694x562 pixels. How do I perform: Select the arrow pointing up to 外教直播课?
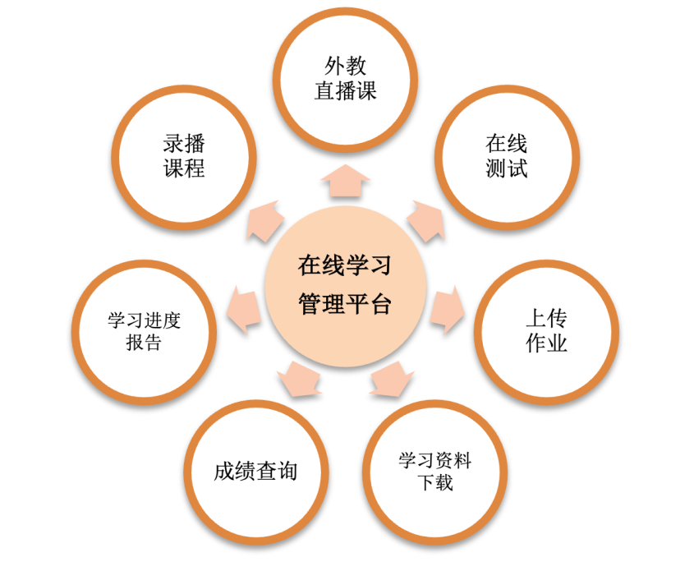(x=345, y=181)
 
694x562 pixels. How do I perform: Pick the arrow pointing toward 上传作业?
(x=447, y=309)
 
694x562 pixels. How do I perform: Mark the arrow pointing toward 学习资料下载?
(x=392, y=379)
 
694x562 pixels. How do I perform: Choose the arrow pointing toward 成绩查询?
(x=299, y=379)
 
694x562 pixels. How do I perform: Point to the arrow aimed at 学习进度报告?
(x=244, y=309)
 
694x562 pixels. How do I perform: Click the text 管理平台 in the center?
(x=345, y=304)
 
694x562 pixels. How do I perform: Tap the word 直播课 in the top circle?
(x=345, y=91)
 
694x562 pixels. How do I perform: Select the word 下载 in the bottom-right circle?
(x=435, y=482)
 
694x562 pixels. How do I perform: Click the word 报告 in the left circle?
(x=144, y=343)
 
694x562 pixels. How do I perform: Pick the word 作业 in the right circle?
(x=547, y=343)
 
